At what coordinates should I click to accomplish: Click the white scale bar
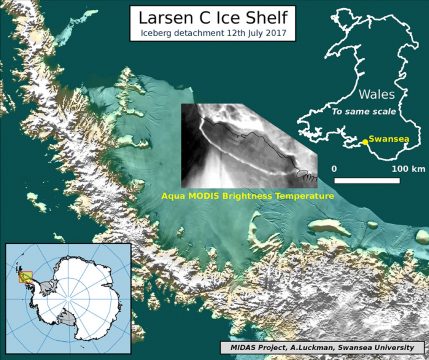coord(367,180)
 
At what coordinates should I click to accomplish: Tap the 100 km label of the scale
coord(402,168)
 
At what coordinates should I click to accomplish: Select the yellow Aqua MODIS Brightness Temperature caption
coord(247,197)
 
